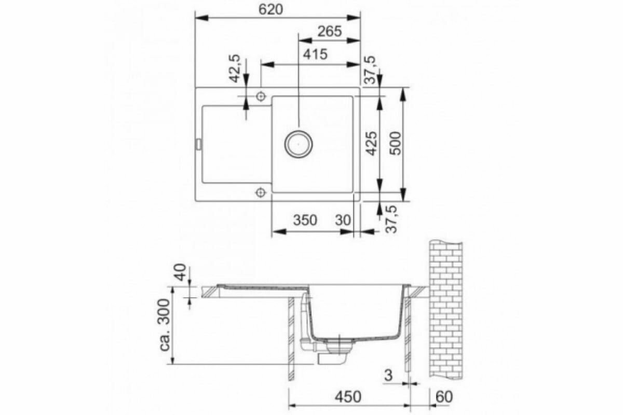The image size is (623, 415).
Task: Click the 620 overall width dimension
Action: [x=270, y=10]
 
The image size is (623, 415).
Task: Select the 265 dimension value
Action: [x=329, y=32]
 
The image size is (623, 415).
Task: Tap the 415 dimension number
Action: [x=315, y=54]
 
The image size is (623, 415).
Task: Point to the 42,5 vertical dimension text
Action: [x=235, y=68]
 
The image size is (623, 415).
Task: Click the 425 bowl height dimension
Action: [x=372, y=143]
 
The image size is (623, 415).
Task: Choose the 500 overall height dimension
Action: [x=395, y=143]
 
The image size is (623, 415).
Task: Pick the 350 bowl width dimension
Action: [x=305, y=220]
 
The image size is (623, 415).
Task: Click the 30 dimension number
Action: [x=343, y=220]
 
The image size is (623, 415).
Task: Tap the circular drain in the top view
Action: [x=299, y=144]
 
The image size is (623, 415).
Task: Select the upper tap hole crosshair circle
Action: [x=261, y=96]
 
